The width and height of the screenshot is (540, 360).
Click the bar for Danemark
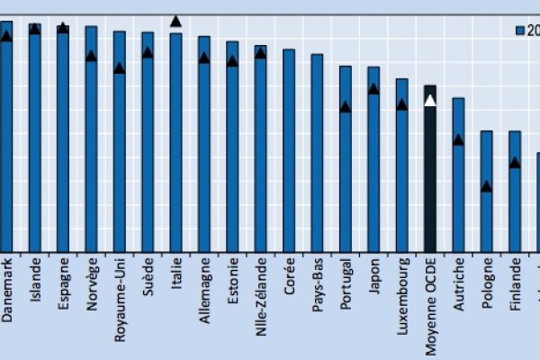6,135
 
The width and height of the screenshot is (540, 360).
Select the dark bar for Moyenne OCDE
430,171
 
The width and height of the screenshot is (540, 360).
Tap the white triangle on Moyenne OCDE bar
430,100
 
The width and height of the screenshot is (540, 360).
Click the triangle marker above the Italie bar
175,21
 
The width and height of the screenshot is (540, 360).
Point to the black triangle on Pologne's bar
486,186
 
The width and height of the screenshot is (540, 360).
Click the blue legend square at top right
519,30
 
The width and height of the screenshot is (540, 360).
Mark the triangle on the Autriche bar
458,139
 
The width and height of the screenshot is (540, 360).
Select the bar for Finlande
515,189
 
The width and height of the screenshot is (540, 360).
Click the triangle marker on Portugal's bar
345,106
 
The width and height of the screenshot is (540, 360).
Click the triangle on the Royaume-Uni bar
119,67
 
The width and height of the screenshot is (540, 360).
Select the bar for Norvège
91,135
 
